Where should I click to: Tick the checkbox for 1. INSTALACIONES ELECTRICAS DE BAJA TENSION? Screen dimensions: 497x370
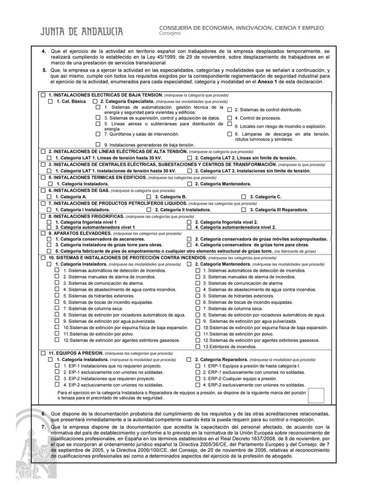[x=42, y=94]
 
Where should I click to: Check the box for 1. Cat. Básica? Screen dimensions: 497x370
[x=50, y=101]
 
